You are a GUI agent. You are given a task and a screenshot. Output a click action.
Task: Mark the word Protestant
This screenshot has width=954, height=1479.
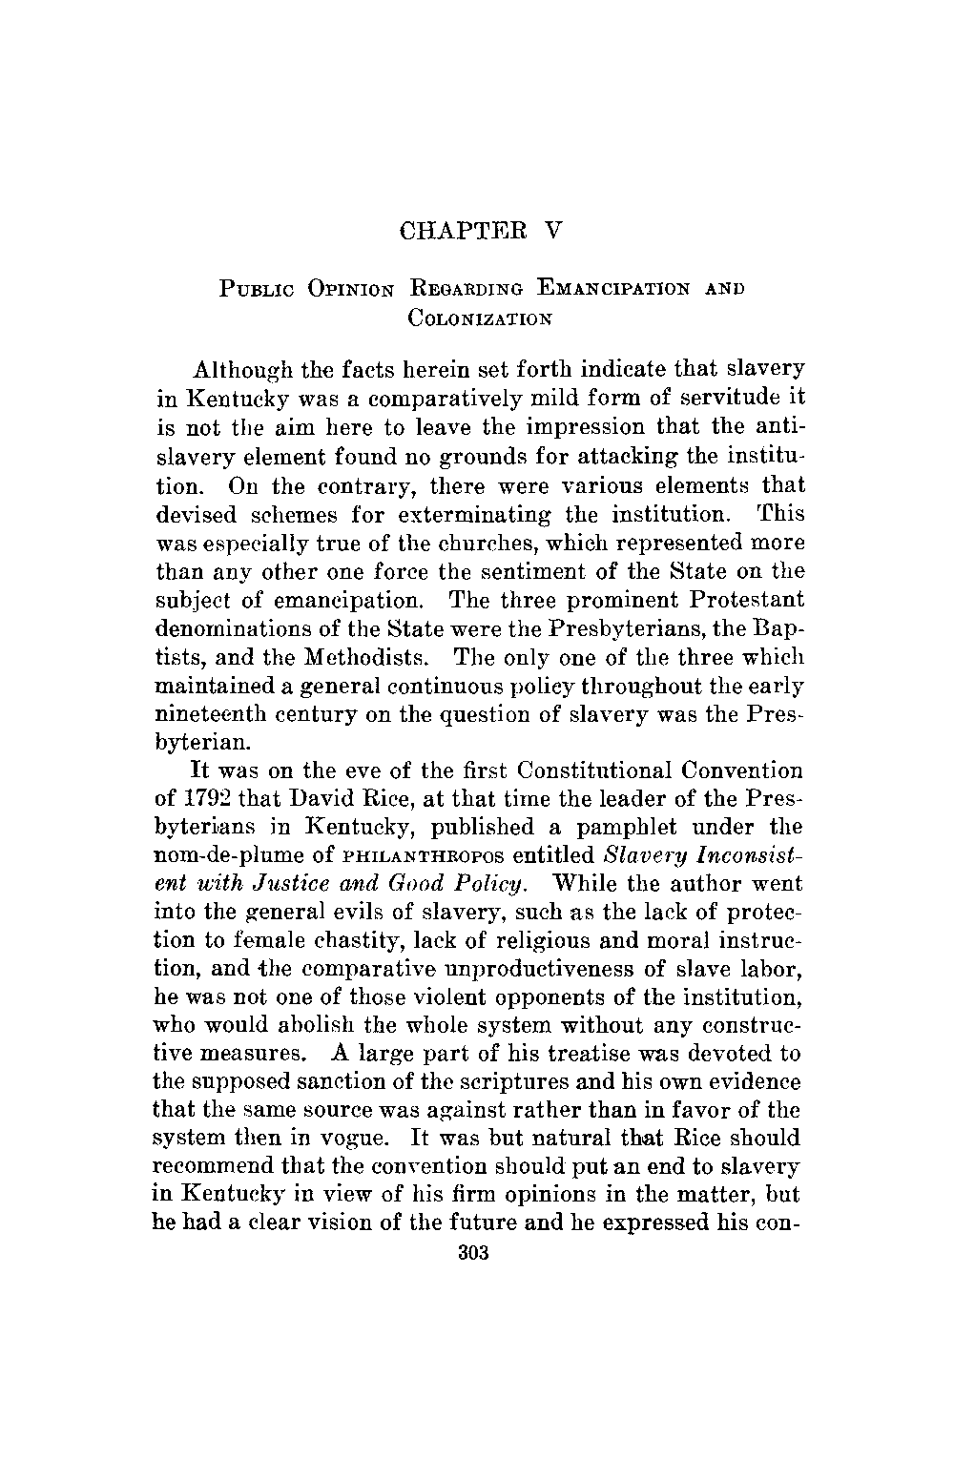[736, 601]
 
